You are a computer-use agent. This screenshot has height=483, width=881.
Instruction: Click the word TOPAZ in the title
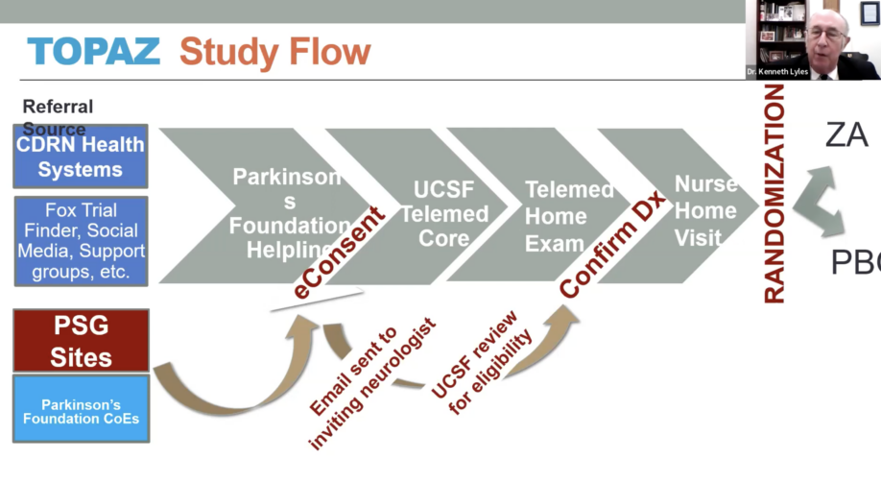[x=93, y=51]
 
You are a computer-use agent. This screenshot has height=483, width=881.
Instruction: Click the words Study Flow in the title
[x=274, y=51]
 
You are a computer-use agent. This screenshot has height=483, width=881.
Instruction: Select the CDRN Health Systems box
[x=81, y=157]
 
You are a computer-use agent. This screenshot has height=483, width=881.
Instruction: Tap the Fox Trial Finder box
[x=81, y=241]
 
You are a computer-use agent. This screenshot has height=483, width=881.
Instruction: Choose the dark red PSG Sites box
[x=81, y=340]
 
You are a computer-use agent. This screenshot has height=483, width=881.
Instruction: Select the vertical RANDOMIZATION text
[x=774, y=193]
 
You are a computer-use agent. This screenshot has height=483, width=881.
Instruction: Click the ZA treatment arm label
[x=845, y=135]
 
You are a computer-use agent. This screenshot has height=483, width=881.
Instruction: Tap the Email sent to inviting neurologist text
[x=366, y=383]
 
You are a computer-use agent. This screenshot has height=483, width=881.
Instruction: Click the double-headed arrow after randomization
[x=818, y=202]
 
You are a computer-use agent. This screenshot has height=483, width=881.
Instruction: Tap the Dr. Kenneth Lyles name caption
[x=777, y=72]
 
